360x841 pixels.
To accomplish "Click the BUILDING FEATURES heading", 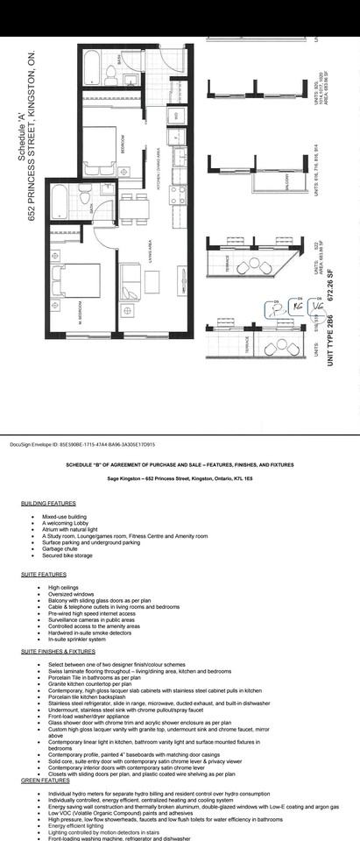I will (48, 503).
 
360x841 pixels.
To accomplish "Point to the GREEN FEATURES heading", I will (45, 780).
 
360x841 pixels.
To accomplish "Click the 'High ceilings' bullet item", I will (67, 587).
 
